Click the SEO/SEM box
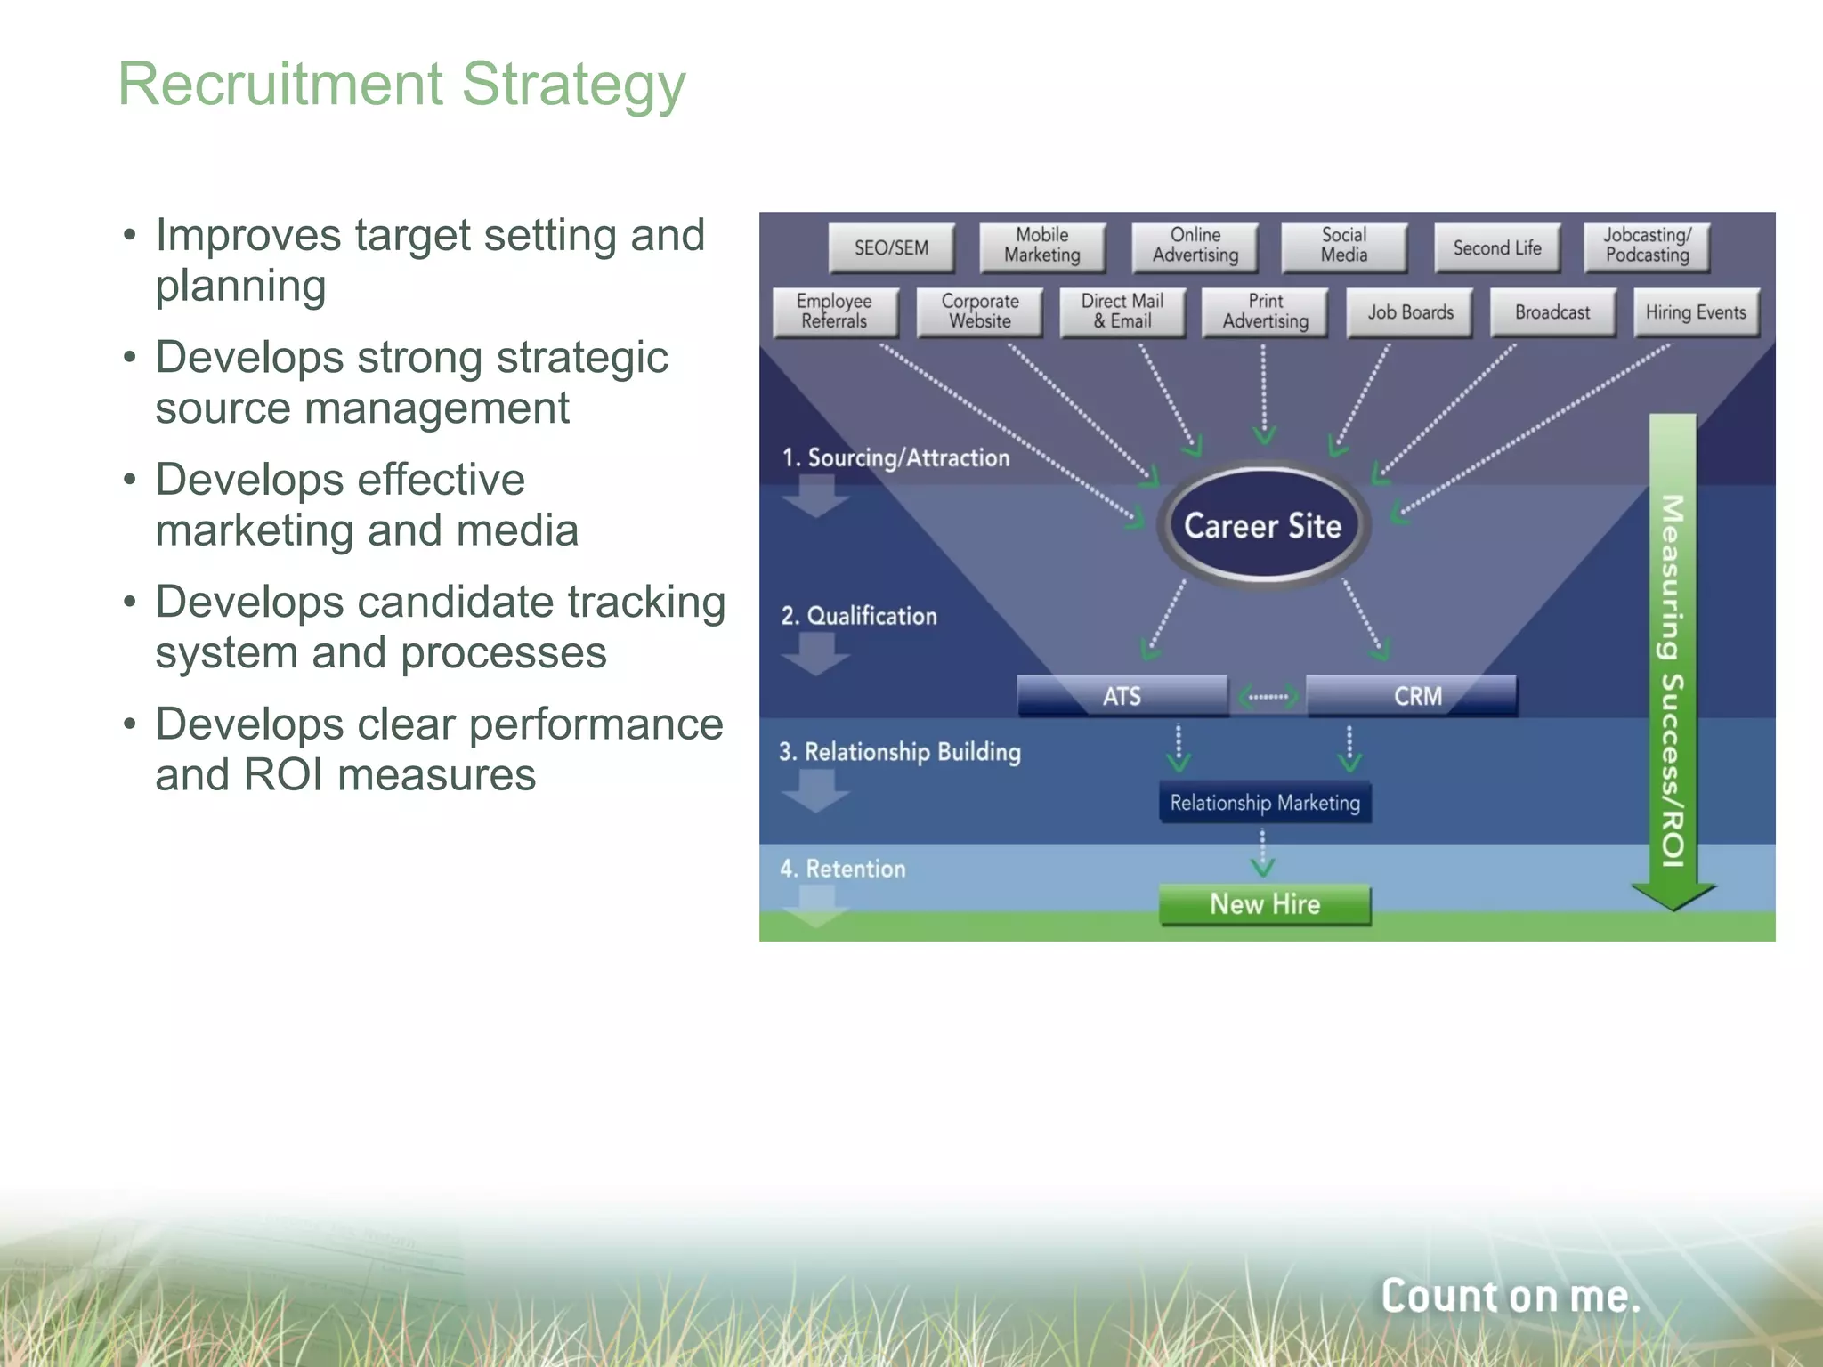click(x=891, y=247)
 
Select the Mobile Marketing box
click(x=1042, y=246)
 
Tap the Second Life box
click(x=1497, y=247)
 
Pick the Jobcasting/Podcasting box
click(x=1647, y=246)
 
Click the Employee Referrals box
click(x=835, y=311)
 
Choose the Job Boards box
click(x=1410, y=312)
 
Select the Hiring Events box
click(x=1696, y=312)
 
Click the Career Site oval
click(x=1262, y=525)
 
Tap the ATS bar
click(x=1122, y=695)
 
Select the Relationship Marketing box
click(x=1265, y=803)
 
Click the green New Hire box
click(x=1265, y=904)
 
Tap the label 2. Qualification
click(x=859, y=616)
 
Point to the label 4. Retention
click(x=843, y=869)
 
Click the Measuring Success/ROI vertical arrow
click(x=1673, y=659)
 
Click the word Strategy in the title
click(x=573, y=85)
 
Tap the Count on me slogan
click(x=1510, y=1296)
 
